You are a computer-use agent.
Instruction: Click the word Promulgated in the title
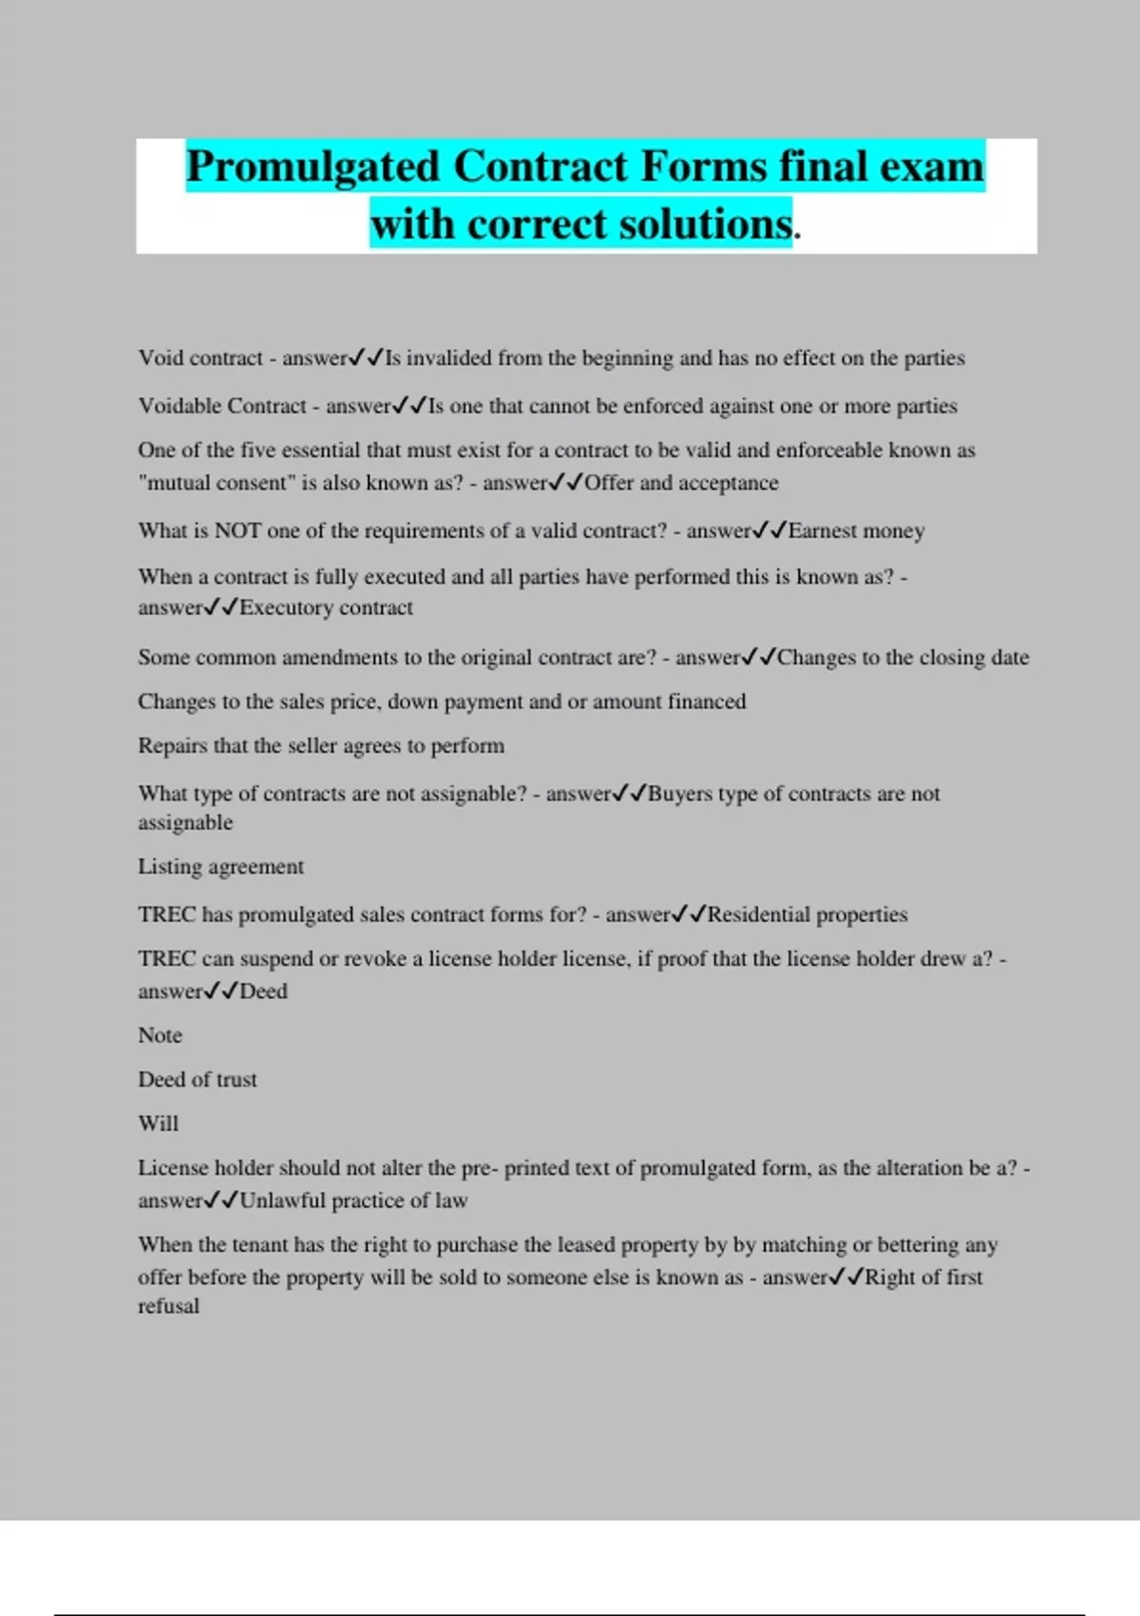[313, 167]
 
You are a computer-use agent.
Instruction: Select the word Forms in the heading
[704, 167]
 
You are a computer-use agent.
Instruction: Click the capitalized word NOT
[237, 530]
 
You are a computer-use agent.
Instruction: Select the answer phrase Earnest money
[856, 530]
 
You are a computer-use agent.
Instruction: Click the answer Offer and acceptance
[681, 483]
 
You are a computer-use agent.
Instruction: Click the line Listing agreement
[220, 866]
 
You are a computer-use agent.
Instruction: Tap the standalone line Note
[160, 1035]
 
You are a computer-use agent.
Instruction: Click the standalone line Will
[158, 1124]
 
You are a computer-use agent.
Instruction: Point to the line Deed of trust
[198, 1079]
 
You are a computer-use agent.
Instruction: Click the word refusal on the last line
[168, 1306]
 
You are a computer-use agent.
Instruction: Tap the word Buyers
[680, 794]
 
